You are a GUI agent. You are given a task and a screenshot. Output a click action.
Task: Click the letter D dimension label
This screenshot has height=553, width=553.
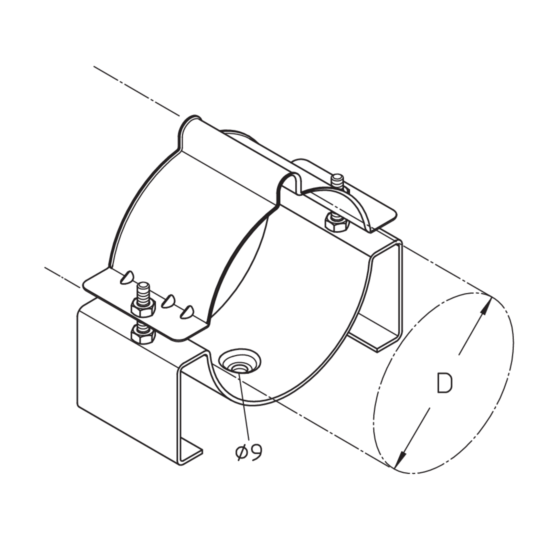tap(444, 383)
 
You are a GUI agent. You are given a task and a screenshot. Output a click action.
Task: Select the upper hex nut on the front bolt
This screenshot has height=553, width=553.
tap(143, 307)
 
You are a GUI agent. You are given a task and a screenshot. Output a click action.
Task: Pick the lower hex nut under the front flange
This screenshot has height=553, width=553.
tap(143, 335)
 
